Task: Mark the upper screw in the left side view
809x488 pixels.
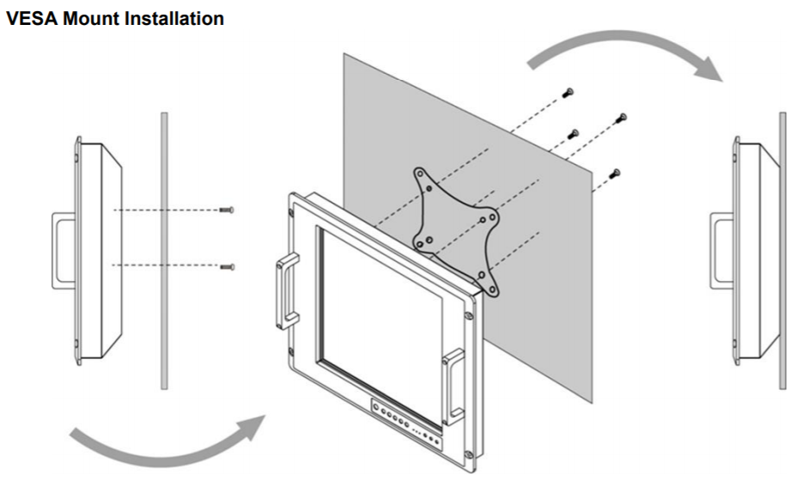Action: point(227,210)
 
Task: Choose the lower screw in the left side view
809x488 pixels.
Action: point(227,267)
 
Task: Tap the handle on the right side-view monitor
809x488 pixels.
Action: point(720,249)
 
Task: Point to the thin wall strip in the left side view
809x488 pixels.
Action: point(163,249)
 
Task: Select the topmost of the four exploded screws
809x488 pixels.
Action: point(568,92)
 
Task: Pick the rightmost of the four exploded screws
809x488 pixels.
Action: point(623,117)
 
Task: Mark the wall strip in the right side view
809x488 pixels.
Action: point(782,249)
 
